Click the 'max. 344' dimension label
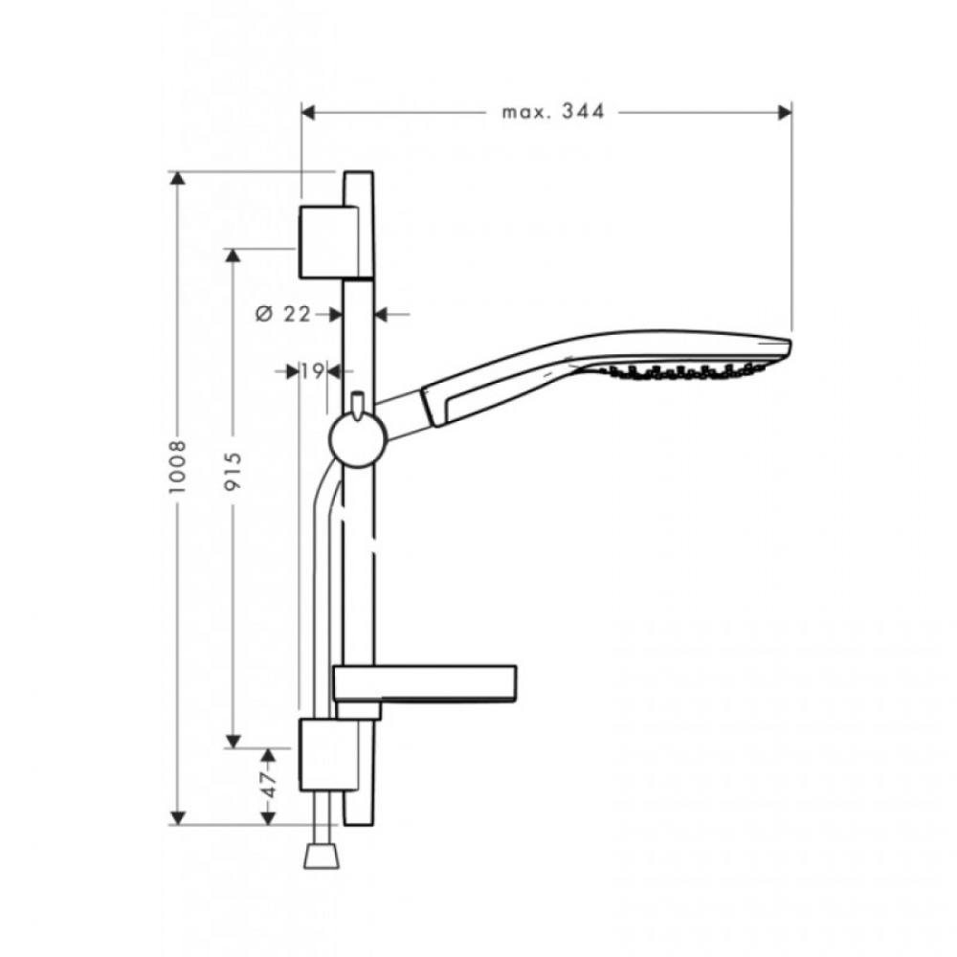(x=553, y=112)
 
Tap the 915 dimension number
(x=234, y=471)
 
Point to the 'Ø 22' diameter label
(x=283, y=314)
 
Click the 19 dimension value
(x=312, y=370)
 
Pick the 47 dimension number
(x=269, y=784)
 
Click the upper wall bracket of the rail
(x=328, y=242)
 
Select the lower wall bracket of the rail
(x=327, y=754)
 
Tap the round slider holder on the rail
(x=357, y=440)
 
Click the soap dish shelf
(x=425, y=685)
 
